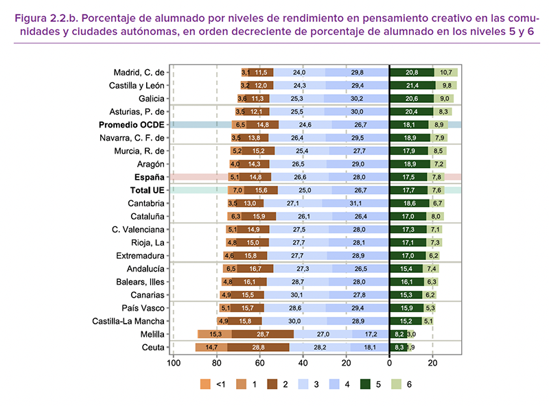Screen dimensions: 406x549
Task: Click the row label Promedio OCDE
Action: (131, 125)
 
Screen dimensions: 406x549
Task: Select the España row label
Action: (148, 177)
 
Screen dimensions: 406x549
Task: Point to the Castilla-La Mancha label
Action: (129, 321)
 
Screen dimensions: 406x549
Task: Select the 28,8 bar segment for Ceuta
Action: (258, 348)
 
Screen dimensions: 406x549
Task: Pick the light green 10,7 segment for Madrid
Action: (445, 73)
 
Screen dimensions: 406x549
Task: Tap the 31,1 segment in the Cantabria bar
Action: (355, 204)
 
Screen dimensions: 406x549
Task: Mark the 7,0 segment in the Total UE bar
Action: (237, 190)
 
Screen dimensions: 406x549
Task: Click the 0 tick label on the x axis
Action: (389, 363)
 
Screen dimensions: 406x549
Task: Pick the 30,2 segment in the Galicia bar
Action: (356, 99)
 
